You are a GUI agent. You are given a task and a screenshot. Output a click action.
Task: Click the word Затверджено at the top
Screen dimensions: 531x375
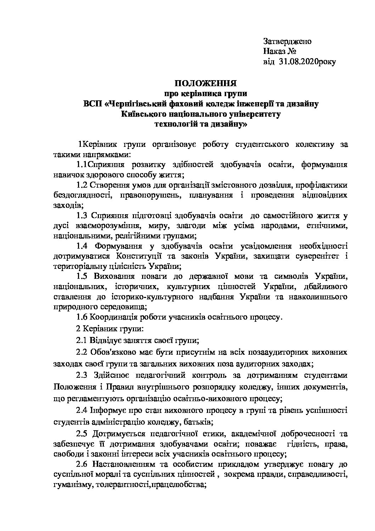[x=287, y=41]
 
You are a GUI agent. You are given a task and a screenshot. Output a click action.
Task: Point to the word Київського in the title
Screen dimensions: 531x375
[x=141, y=114]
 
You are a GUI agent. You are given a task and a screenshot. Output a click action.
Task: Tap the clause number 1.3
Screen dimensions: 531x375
[x=82, y=215]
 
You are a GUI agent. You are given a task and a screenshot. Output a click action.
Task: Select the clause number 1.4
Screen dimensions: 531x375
[x=82, y=246]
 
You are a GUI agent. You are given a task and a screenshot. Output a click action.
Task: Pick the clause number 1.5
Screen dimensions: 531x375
[x=82, y=276]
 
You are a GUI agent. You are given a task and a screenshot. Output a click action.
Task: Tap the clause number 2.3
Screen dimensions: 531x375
[x=82, y=376]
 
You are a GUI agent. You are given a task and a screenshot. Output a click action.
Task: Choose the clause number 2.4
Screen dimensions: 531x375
[x=82, y=410]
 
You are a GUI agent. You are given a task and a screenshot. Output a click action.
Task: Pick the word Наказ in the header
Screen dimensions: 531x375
[x=275, y=51]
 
